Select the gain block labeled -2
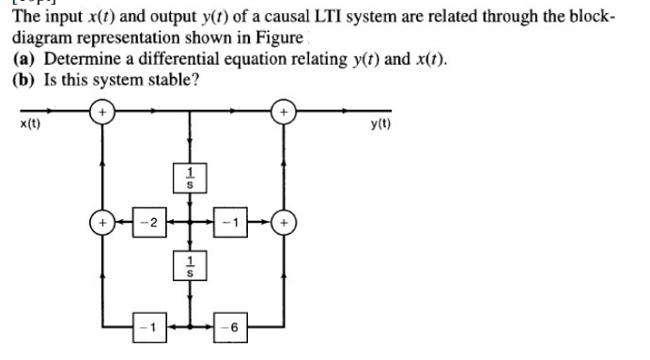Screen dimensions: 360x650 (x=146, y=224)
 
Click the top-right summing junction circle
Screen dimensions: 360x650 (x=281, y=113)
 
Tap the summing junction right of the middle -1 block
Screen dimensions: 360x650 (x=281, y=224)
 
